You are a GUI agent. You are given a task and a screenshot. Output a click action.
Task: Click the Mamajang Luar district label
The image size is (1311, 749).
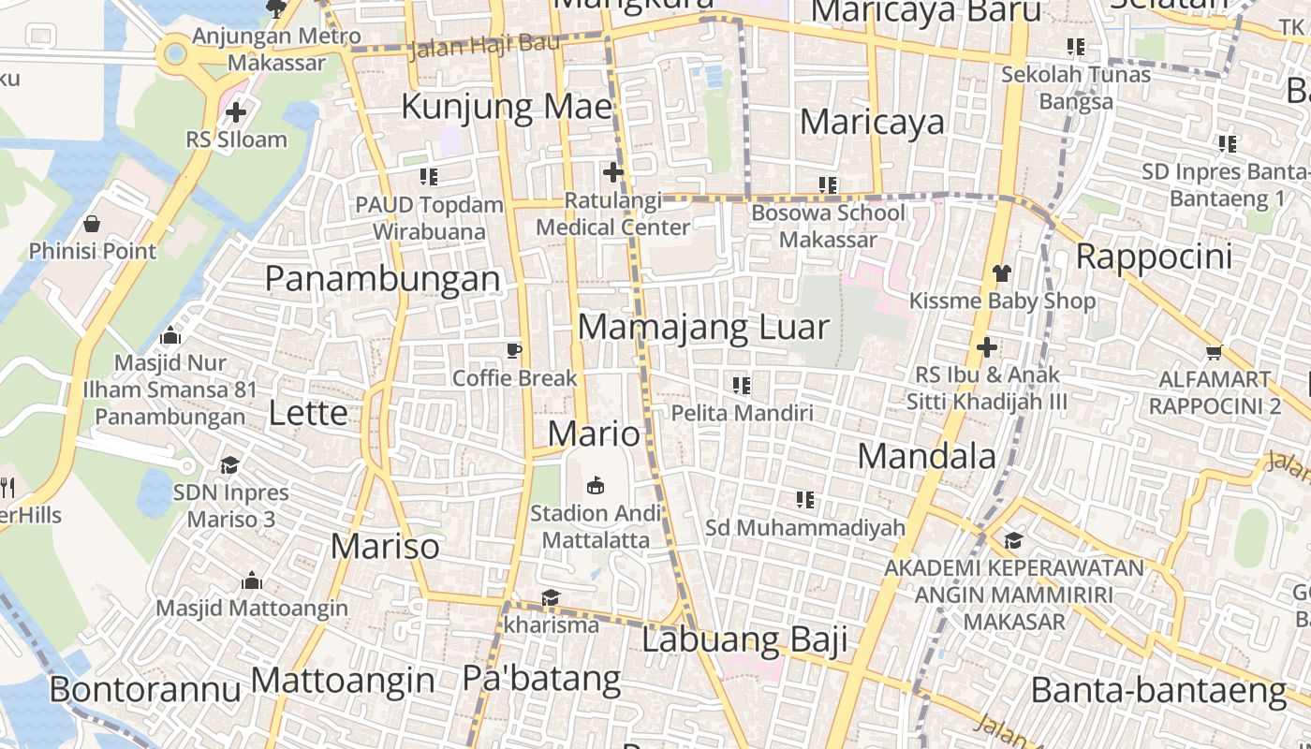point(703,328)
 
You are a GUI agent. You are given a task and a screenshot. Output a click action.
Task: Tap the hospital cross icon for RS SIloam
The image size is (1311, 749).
point(235,113)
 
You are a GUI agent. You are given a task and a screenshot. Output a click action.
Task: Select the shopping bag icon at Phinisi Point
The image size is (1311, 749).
point(92,224)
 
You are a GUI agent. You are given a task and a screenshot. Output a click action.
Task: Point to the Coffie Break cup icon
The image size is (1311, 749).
point(513,351)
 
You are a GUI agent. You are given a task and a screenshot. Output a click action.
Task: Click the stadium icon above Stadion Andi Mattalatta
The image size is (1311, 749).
point(595,485)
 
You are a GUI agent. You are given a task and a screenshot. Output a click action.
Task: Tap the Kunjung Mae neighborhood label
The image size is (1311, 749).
point(507,107)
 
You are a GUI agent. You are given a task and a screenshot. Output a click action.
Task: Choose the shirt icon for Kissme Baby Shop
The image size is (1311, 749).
point(1002,273)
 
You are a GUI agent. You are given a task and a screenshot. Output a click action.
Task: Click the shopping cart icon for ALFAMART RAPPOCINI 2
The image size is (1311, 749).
point(1215,353)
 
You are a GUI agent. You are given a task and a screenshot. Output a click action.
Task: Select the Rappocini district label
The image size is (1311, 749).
point(1154,256)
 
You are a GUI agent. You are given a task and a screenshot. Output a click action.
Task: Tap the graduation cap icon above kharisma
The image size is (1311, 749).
point(550,597)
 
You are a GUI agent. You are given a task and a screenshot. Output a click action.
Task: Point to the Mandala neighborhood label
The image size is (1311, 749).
point(926,456)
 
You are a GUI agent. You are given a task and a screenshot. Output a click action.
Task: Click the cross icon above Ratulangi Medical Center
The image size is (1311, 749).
point(613,172)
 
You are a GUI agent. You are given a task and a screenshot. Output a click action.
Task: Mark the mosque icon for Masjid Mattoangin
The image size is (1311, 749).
point(251,581)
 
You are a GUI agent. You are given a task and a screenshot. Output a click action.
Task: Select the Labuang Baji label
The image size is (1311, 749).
point(744,640)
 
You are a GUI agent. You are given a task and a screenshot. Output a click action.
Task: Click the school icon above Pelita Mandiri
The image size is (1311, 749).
point(742,385)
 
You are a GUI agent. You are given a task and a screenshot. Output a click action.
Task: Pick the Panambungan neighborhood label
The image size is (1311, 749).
point(382,278)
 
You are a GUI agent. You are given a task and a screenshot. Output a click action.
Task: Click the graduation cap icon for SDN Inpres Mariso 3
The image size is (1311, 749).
point(229,465)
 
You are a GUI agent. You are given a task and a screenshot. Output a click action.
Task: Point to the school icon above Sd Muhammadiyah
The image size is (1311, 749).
point(804,500)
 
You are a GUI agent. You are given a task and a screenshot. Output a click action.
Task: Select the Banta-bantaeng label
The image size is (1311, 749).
point(1158,691)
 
